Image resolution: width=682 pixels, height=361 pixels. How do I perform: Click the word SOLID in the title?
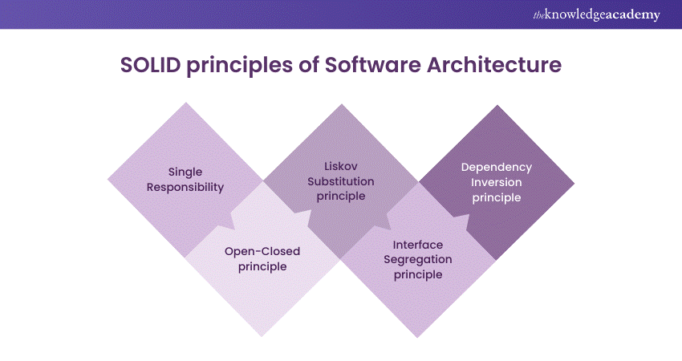pyautogui.click(x=150, y=65)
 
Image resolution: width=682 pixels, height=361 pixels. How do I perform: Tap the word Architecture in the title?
pyautogui.click(x=494, y=65)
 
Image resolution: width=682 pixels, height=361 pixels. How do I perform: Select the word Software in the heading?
pyautogui.click(x=373, y=65)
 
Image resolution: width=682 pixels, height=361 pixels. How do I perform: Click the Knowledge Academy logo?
pyautogui.click(x=596, y=14)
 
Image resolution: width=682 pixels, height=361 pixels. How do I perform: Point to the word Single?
pyautogui.click(x=185, y=172)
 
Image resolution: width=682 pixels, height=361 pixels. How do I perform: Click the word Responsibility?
pyautogui.click(x=185, y=188)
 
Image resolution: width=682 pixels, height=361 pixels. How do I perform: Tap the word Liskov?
pyautogui.click(x=341, y=166)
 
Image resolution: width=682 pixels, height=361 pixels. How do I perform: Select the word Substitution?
pyautogui.click(x=341, y=181)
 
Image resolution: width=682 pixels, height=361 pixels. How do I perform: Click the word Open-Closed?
pyautogui.click(x=262, y=251)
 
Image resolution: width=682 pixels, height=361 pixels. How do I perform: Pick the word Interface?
pyautogui.click(x=418, y=245)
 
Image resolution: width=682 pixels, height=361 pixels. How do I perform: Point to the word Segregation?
pyautogui.click(x=418, y=260)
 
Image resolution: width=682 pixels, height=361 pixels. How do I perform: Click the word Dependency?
pyautogui.click(x=497, y=168)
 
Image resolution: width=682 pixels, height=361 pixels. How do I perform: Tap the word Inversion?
pyautogui.click(x=497, y=182)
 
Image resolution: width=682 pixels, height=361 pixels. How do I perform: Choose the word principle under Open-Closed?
pyautogui.click(x=262, y=266)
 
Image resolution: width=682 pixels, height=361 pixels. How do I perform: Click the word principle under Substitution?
pyautogui.click(x=341, y=197)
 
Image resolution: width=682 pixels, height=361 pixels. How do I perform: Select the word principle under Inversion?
pyautogui.click(x=497, y=198)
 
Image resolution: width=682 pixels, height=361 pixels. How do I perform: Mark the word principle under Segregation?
pyautogui.click(x=418, y=275)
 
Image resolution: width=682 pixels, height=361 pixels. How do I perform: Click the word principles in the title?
pyautogui.click(x=240, y=66)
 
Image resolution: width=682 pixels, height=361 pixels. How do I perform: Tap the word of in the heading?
pyautogui.click(x=309, y=65)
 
